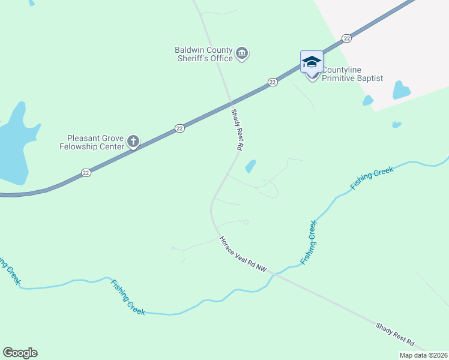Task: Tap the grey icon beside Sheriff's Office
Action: (242, 54)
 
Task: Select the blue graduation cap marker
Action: (312, 62)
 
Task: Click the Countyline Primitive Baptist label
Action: (352, 74)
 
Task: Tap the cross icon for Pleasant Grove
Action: (133, 142)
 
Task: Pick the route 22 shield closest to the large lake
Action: (86, 172)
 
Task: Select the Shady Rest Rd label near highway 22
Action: (238, 129)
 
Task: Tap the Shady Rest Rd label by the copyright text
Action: (395, 334)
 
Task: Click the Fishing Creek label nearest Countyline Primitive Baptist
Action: (372, 178)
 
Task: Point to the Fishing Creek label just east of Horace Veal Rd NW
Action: (309, 242)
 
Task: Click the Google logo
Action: (20, 353)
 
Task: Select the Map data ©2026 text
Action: (423, 355)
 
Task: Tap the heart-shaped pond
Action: (401, 90)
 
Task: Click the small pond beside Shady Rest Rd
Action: (250, 166)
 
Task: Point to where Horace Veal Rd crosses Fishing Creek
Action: (273, 274)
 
